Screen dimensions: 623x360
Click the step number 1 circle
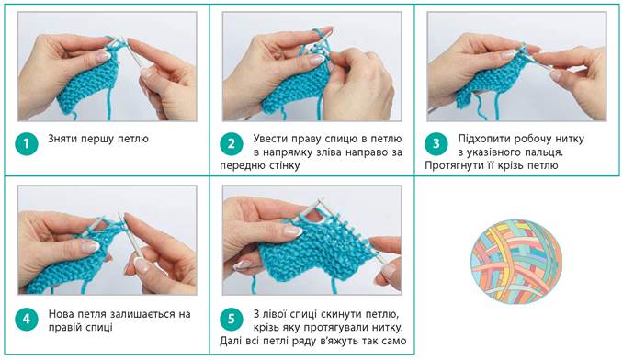tap(27, 143)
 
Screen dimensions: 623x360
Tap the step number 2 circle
tap(232, 143)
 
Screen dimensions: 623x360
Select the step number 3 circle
tap(436, 143)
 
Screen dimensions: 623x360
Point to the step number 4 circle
tap(27, 319)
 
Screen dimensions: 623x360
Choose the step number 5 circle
tap(232, 319)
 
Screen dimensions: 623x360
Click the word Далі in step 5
tap(230, 341)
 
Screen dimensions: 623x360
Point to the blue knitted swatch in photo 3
tap(491, 79)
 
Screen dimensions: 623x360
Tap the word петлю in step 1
tap(133, 139)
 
